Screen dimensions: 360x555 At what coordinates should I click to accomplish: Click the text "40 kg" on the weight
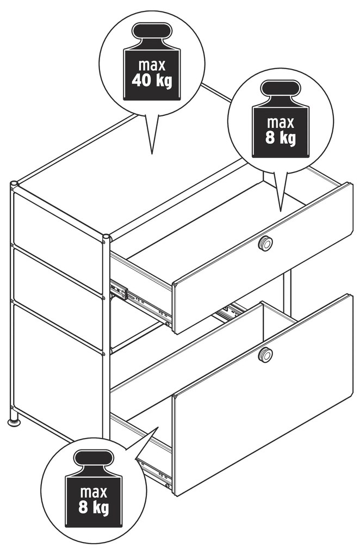[152, 81]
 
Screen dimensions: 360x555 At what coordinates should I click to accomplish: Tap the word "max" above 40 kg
[152, 65]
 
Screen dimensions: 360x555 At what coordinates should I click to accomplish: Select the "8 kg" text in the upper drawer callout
[281, 138]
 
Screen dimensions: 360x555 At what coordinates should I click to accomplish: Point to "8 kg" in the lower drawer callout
[94, 507]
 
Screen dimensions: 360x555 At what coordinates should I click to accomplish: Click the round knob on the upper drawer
[265, 244]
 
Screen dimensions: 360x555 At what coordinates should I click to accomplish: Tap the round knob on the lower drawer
[265, 354]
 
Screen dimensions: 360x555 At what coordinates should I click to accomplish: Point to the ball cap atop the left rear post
[14, 184]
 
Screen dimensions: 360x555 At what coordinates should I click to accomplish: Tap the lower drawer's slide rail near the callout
[156, 471]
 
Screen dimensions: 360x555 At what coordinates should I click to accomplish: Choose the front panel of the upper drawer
[263, 258]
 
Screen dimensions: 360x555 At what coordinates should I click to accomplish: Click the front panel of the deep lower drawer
[263, 394]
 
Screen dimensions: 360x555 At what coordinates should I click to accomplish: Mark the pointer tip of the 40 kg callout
[152, 153]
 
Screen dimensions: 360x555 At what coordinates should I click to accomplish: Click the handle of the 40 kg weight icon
[152, 31]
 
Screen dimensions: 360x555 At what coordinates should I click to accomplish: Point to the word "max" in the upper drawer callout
[281, 122]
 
